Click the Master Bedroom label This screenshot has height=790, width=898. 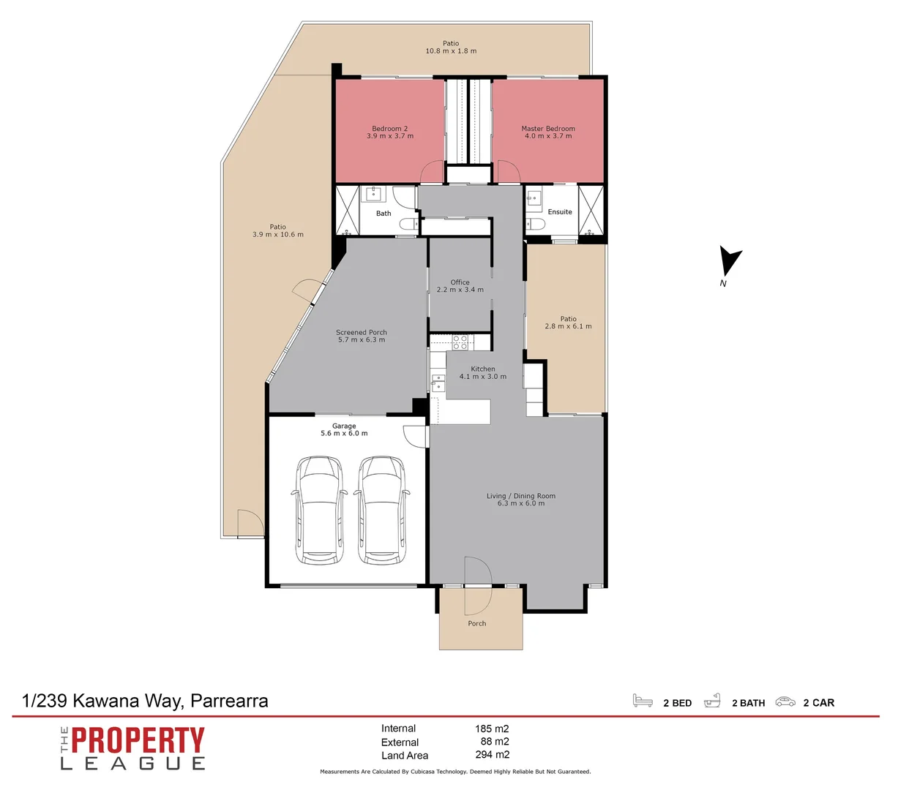(548, 129)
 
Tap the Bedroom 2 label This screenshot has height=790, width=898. (389, 129)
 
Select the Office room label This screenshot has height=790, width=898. (460, 282)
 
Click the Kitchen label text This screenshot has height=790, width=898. (482, 369)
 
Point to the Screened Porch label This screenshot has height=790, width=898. (362, 332)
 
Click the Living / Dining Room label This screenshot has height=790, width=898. (520, 496)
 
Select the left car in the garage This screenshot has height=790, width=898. (320, 509)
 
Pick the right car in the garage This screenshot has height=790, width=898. (381, 509)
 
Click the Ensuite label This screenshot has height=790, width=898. (560, 212)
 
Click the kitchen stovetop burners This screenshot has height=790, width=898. (460, 342)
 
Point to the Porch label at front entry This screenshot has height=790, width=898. (477, 624)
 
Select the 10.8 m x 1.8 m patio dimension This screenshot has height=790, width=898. (451, 51)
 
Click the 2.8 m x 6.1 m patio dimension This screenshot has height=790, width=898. (568, 327)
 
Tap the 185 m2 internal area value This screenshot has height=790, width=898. (492, 729)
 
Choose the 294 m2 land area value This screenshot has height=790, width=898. (492, 755)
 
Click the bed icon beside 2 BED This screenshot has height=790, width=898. (643, 701)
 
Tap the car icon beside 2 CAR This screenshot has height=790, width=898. (785, 701)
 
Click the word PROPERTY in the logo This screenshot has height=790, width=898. (138, 741)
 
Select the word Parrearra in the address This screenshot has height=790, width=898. (229, 701)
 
